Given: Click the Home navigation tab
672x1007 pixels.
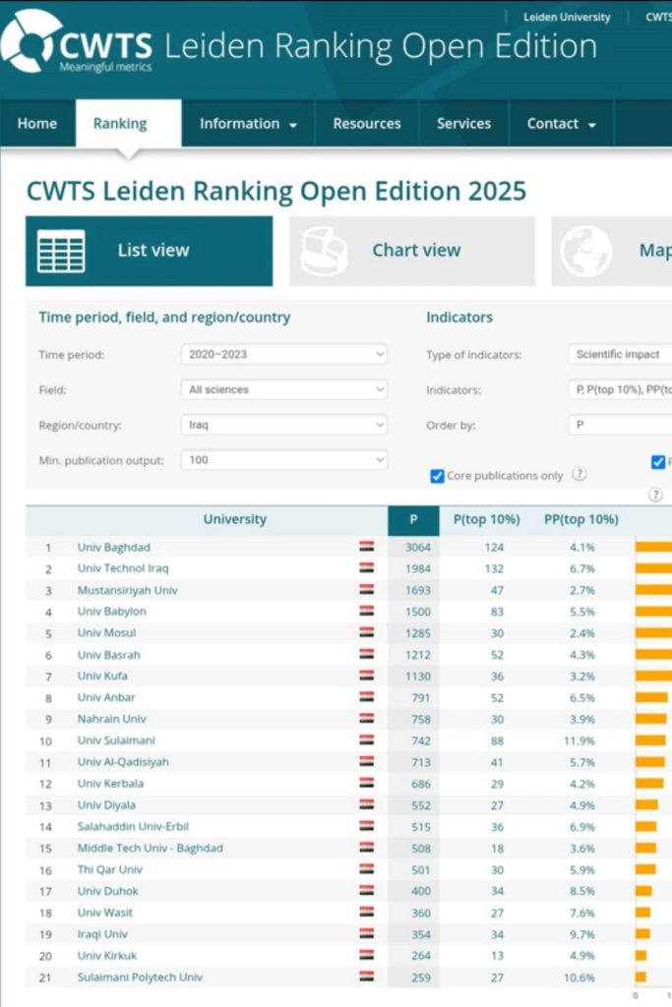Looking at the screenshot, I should click(x=37, y=124).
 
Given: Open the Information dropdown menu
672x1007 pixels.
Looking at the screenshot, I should click(x=248, y=124).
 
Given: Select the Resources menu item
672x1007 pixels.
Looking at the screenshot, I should click(x=366, y=124).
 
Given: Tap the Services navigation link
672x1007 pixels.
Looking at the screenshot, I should click(x=463, y=124).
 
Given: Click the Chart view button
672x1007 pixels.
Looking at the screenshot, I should click(x=412, y=251).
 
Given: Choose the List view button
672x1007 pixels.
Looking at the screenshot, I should click(x=149, y=251).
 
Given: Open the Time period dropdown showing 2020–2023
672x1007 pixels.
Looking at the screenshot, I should click(x=284, y=354).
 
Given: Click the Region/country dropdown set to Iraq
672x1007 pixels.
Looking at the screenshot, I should click(x=284, y=425).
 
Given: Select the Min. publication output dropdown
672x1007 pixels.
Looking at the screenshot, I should click(x=284, y=459).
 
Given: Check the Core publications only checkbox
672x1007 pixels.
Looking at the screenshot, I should click(x=438, y=476).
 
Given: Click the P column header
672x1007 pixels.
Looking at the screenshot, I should click(x=413, y=519).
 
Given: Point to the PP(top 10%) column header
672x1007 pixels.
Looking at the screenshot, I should click(x=581, y=519).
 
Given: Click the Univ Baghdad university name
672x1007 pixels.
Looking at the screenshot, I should click(x=114, y=548).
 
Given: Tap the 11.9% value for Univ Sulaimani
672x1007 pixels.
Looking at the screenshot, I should click(x=580, y=740).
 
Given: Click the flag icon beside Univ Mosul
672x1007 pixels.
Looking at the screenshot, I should click(x=366, y=632).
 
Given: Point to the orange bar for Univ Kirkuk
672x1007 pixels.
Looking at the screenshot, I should click(x=641, y=955).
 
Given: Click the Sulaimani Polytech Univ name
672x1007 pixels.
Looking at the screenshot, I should click(x=140, y=977).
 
